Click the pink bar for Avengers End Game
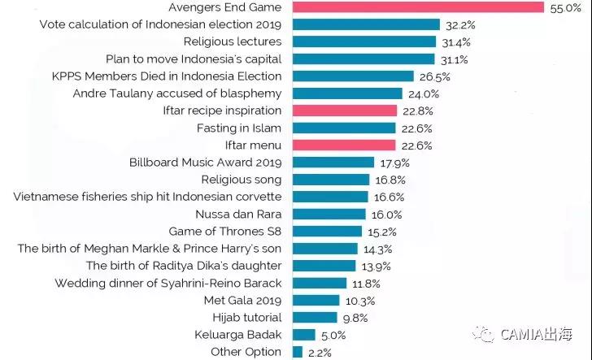click(417, 7)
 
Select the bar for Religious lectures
click(363, 41)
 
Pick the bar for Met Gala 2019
click(315, 301)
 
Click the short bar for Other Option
click(297, 352)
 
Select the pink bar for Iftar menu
click(344, 145)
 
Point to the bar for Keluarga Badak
click(303, 335)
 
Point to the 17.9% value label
click(392, 163)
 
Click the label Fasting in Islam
click(238, 128)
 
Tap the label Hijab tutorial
click(246, 318)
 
